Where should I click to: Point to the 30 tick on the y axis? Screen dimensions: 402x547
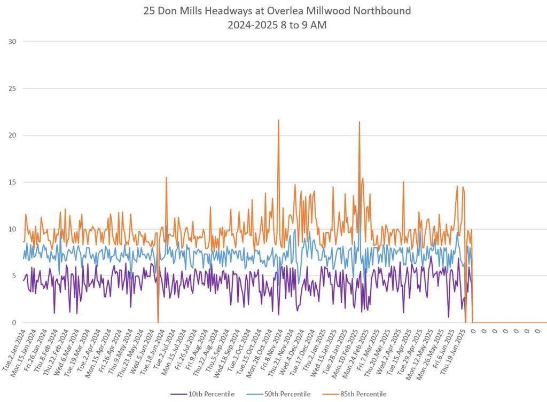(12, 42)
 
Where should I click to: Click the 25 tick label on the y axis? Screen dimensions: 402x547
(12, 89)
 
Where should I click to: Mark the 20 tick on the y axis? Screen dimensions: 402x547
(12, 135)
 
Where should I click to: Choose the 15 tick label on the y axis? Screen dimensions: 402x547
(12, 182)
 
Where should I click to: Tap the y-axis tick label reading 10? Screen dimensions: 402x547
(12, 229)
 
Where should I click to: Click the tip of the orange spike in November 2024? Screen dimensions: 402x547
(278, 120)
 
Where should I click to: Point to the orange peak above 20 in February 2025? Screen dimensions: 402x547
(360, 122)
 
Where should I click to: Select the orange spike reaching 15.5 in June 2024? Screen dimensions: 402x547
(167, 178)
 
